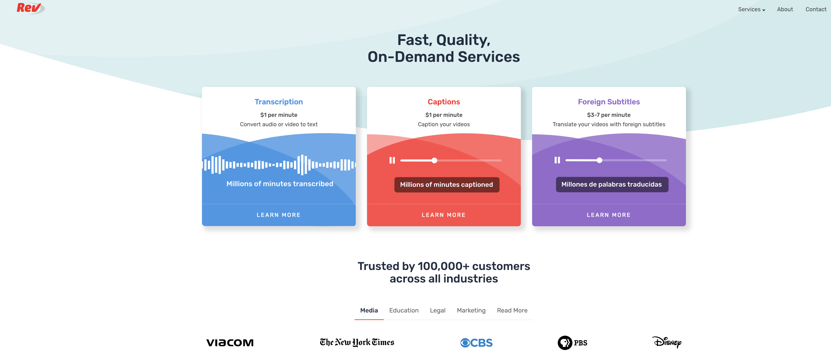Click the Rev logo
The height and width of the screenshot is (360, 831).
pyautogui.click(x=30, y=8)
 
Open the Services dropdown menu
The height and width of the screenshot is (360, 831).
pyautogui.click(x=751, y=9)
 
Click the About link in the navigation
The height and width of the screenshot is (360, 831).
pyautogui.click(x=784, y=9)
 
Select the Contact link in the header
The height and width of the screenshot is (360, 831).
pyautogui.click(x=815, y=9)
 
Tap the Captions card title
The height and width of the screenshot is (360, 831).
pyautogui.click(x=444, y=102)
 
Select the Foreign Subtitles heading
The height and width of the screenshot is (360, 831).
pyautogui.click(x=608, y=102)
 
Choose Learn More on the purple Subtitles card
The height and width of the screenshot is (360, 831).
pyautogui.click(x=608, y=215)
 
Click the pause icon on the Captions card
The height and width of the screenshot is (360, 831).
pyautogui.click(x=392, y=160)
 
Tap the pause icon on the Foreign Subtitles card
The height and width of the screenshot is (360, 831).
pyautogui.click(x=557, y=160)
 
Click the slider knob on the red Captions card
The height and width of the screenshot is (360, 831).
pyautogui.click(x=435, y=160)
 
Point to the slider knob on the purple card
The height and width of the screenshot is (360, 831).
pyautogui.click(x=599, y=160)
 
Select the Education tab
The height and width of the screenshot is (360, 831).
pyautogui.click(x=404, y=310)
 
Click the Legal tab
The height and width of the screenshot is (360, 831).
pyautogui.click(x=437, y=310)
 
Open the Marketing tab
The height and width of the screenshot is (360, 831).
pyautogui.click(x=471, y=310)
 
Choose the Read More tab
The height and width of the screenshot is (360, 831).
pyautogui.click(x=512, y=310)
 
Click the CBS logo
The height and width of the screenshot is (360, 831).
pyautogui.click(x=476, y=342)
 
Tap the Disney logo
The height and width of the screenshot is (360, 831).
pyautogui.click(x=667, y=342)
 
